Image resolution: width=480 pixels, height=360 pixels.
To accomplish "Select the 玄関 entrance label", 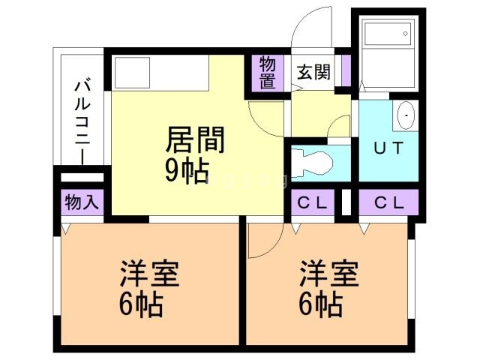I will pos(313,72).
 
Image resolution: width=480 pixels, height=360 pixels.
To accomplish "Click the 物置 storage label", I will pos(268,72).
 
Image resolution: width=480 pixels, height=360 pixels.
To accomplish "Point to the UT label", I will pos(388,147).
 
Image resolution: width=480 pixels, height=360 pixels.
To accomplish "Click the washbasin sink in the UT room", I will pos(406,116).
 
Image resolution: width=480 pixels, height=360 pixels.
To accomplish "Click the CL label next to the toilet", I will pos(311,202).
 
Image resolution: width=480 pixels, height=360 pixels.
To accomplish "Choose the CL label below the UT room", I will pos(387,202).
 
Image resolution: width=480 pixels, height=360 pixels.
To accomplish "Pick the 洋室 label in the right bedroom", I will pos(329,274).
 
